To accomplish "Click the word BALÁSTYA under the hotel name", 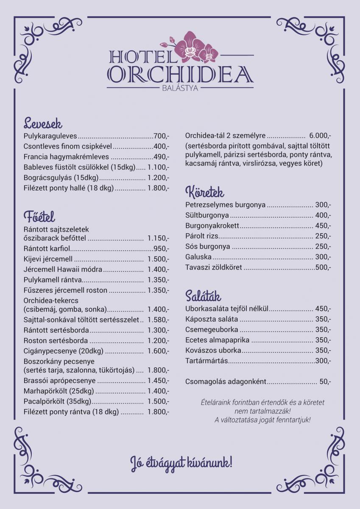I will click(x=180, y=88).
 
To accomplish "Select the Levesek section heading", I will click(x=43, y=124).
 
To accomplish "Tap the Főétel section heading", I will click(x=39, y=217).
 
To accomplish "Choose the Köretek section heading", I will click(x=205, y=193).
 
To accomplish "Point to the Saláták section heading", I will click(x=203, y=296).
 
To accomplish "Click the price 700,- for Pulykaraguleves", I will click(x=161, y=136).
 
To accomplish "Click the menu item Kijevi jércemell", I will click(x=48, y=259).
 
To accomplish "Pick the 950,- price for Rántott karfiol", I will click(x=161, y=249).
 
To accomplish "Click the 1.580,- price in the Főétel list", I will click(x=158, y=320).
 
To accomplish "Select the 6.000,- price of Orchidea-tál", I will click(x=320, y=136).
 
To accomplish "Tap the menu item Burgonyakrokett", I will click(x=212, y=226).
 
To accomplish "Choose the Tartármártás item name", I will click(x=207, y=361).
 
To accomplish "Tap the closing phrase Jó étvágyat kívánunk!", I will click(x=181, y=462).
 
